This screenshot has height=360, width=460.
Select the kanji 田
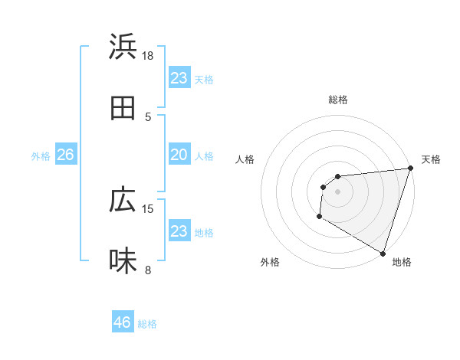pos(123,108)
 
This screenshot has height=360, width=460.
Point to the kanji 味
pos(123,260)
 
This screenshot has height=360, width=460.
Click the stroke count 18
pos(148,55)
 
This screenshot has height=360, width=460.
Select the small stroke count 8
pos(148,270)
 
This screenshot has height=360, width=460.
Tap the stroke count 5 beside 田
pos(148,116)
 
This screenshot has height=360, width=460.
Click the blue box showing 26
pos(65,155)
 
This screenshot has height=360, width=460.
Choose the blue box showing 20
pos(179,155)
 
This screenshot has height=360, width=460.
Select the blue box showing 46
pos(123,322)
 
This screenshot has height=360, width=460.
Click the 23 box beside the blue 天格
pos(179,78)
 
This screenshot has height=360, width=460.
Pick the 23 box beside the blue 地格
pos(179,231)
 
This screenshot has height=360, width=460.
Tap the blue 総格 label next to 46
pos(147,324)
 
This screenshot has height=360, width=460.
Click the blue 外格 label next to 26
pos(41,156)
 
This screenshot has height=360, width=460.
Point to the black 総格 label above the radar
pos(338,100)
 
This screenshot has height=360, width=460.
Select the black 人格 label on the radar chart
pos(245,159)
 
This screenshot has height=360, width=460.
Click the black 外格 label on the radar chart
pos(270,262)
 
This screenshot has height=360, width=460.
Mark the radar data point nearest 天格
pos(411,168)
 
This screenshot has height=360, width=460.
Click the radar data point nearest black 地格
pos(383,253)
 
